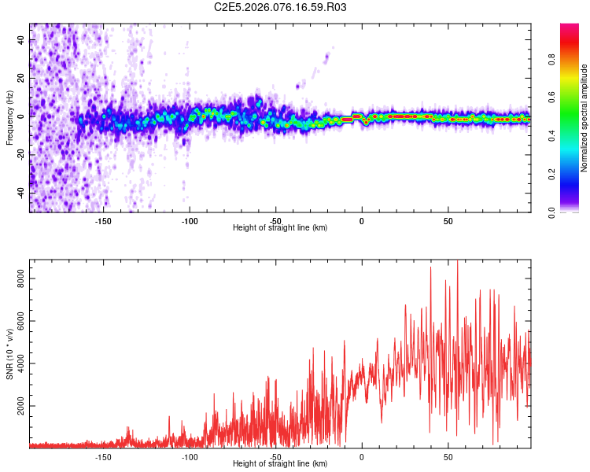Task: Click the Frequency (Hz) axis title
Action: [9, 118]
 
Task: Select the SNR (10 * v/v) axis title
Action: [9, 354]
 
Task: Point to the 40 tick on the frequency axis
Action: [20, 40]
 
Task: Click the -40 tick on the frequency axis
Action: [20, 193]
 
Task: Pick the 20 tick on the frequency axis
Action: [20, 78]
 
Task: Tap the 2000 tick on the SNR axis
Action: [20, 407]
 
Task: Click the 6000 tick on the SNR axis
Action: [20, 321]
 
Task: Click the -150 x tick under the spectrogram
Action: [103, 221]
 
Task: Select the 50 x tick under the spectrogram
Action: [448, 221]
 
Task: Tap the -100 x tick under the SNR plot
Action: [190, 456]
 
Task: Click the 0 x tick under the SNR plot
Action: [362, 456]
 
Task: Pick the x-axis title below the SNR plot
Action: [280, 464]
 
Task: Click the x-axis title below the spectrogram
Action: [280, 228]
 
